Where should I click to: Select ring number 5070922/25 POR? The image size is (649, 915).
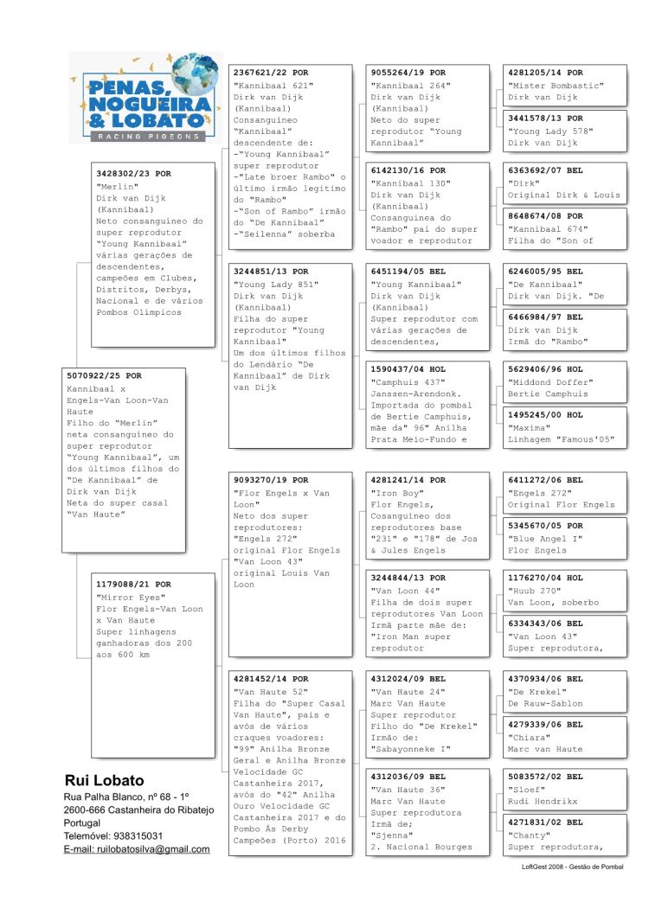[105, 376]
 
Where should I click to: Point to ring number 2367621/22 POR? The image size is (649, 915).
[271, 74]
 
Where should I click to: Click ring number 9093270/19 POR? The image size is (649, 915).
[271, 480]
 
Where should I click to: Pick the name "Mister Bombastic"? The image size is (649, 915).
[556, 86]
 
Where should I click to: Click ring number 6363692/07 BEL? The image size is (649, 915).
[545, 171]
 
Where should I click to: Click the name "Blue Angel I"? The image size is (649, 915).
[545, 538]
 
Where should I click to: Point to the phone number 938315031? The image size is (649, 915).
[136, 836]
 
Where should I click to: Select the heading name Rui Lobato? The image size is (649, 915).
[105, 780]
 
